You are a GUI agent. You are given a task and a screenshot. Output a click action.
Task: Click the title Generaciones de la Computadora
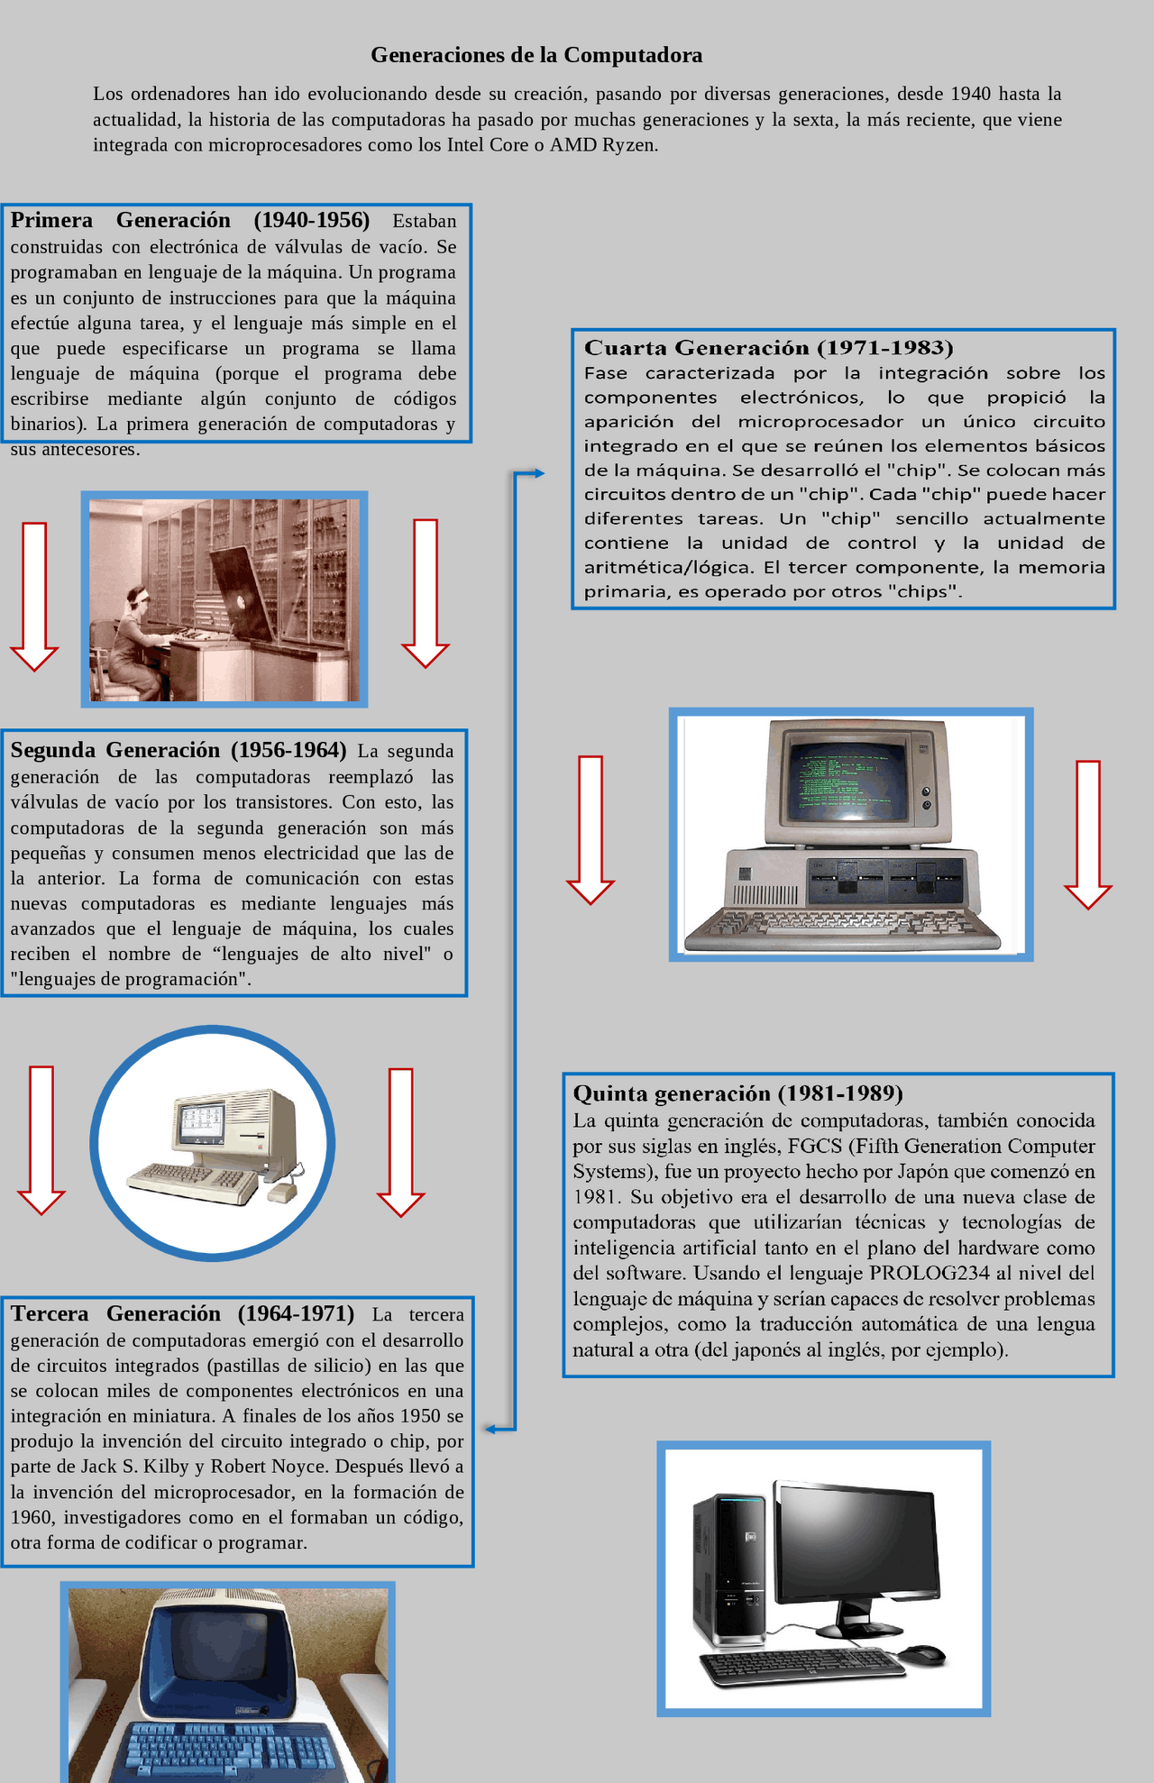[536, 55]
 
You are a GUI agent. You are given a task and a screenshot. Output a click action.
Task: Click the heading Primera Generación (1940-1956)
[189, 221]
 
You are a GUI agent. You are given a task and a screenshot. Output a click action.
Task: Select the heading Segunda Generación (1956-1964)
[178, 750]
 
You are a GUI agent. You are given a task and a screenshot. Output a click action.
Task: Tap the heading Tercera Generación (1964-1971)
[182, 1313]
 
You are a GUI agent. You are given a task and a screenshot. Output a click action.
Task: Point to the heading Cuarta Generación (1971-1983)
[768, 348]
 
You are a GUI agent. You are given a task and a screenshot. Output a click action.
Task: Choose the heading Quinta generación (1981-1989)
[737, 1093]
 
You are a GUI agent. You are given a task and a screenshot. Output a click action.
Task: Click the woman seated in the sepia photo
[135, 645]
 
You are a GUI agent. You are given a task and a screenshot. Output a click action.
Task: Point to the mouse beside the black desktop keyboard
[923, 1652]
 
